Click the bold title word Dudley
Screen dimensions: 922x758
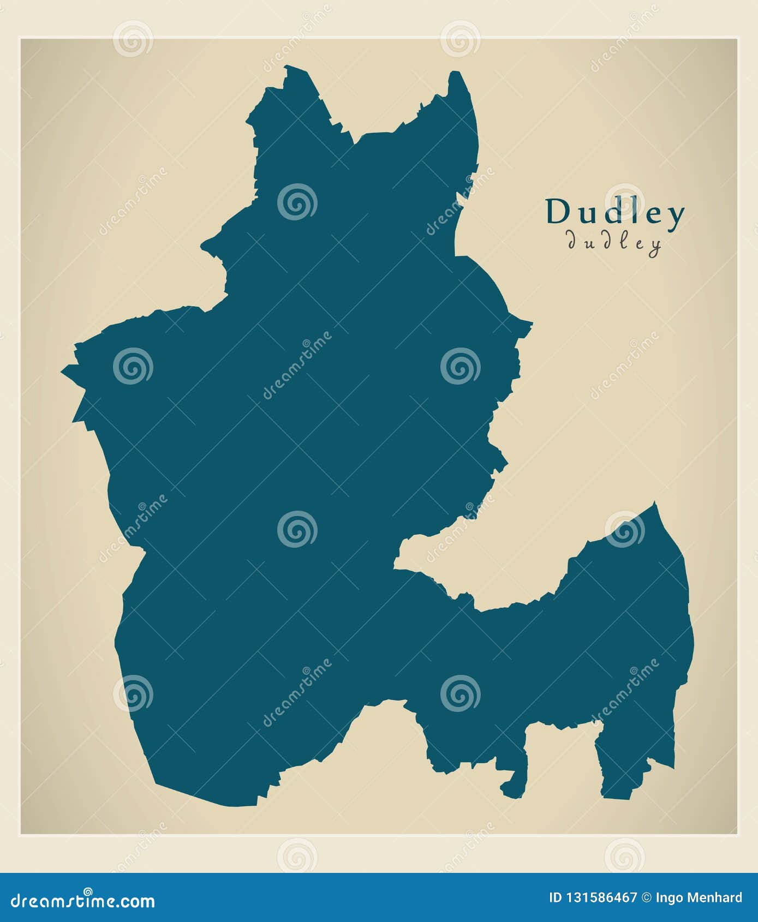click(x=615, y=213)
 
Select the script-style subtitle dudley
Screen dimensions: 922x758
click(x=614, y=242)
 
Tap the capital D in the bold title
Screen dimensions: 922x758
click(x=558, y=212)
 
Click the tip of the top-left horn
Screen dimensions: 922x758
click(x=286, y=68)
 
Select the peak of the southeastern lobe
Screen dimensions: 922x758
click(x=654, y=503)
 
